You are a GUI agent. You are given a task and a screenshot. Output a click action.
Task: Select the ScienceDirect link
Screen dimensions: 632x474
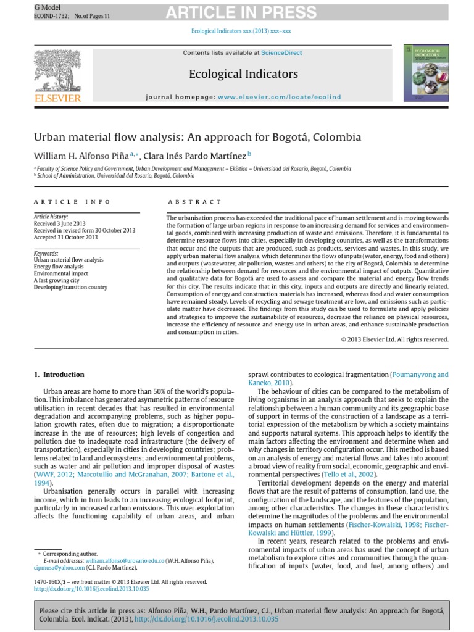(x=281, y=53)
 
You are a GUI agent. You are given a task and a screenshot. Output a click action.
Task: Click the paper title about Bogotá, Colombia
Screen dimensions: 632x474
(x=197, y=137)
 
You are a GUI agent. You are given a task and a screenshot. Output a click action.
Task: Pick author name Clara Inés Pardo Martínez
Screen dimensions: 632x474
(x=194, y=154)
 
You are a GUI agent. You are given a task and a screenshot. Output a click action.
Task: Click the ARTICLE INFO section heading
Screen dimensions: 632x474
(x=72, y=202)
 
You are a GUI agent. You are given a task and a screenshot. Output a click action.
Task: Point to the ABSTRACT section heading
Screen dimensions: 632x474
(x=194, y=202)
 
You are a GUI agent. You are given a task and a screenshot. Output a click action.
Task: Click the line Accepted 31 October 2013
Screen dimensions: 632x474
(x=65, y=237)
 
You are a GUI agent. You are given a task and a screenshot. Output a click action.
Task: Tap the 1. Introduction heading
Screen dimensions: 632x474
(x=59, y=375)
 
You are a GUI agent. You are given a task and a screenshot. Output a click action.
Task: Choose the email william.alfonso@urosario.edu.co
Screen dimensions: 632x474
(x=125, y=560)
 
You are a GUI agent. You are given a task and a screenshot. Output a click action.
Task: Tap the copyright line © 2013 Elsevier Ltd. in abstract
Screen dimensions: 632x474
(x=394, y=339)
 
